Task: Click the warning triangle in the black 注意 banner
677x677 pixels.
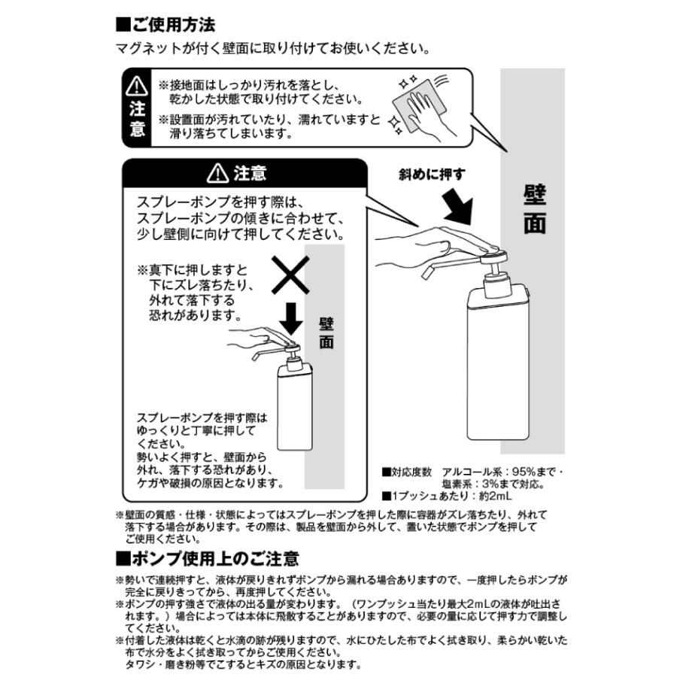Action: pos(218,174)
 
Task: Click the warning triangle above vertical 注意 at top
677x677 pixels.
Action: pos(137,85)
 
